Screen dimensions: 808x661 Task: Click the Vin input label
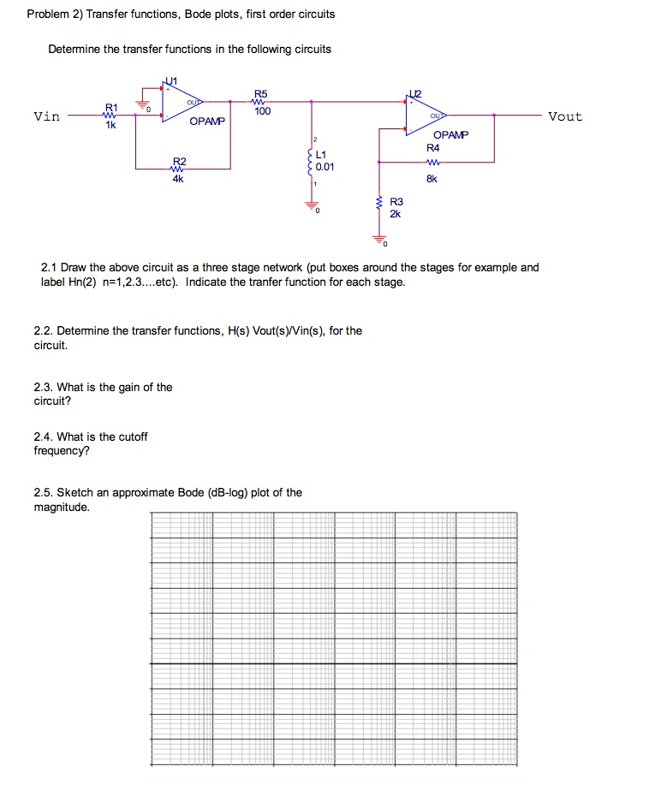pyautogui.click(x=46, y=116)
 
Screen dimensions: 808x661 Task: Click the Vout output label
pyautogui.click(x=564, y=116)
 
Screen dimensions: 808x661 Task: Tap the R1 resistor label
pyautogui.click(x=110, y=108)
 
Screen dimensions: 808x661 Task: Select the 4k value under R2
pyautogui.click(x=178, y=180)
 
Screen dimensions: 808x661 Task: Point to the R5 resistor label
pyautogui.click(x=261, y=93)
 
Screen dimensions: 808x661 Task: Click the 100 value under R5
pyautogui.click(x=262, y=111)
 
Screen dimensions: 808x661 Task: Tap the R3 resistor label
pyautogui.click(x=396, y=202)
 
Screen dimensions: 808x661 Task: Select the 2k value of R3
pyautogui.click(x=395, y=214)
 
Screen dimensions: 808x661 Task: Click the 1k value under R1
pyautogui.click(x=110, y=125)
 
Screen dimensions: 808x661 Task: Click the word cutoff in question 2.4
pyautogui.click(x=132, y=437)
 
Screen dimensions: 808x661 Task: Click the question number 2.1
pyautogui.click(x=51, y=267)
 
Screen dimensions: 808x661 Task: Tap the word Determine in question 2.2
pyautogui.click(x=82, y=330)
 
